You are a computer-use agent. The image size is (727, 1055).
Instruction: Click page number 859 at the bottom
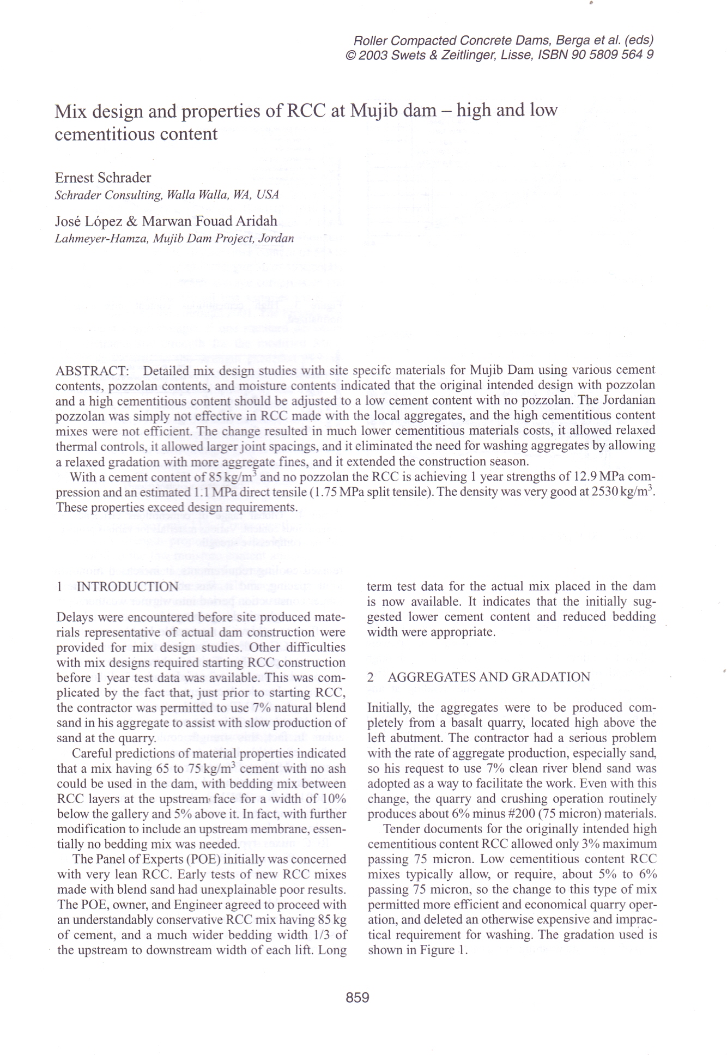point(358,997)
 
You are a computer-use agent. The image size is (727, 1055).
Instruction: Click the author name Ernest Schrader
point(103,178)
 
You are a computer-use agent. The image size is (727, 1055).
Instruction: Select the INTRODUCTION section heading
point(128,586)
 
